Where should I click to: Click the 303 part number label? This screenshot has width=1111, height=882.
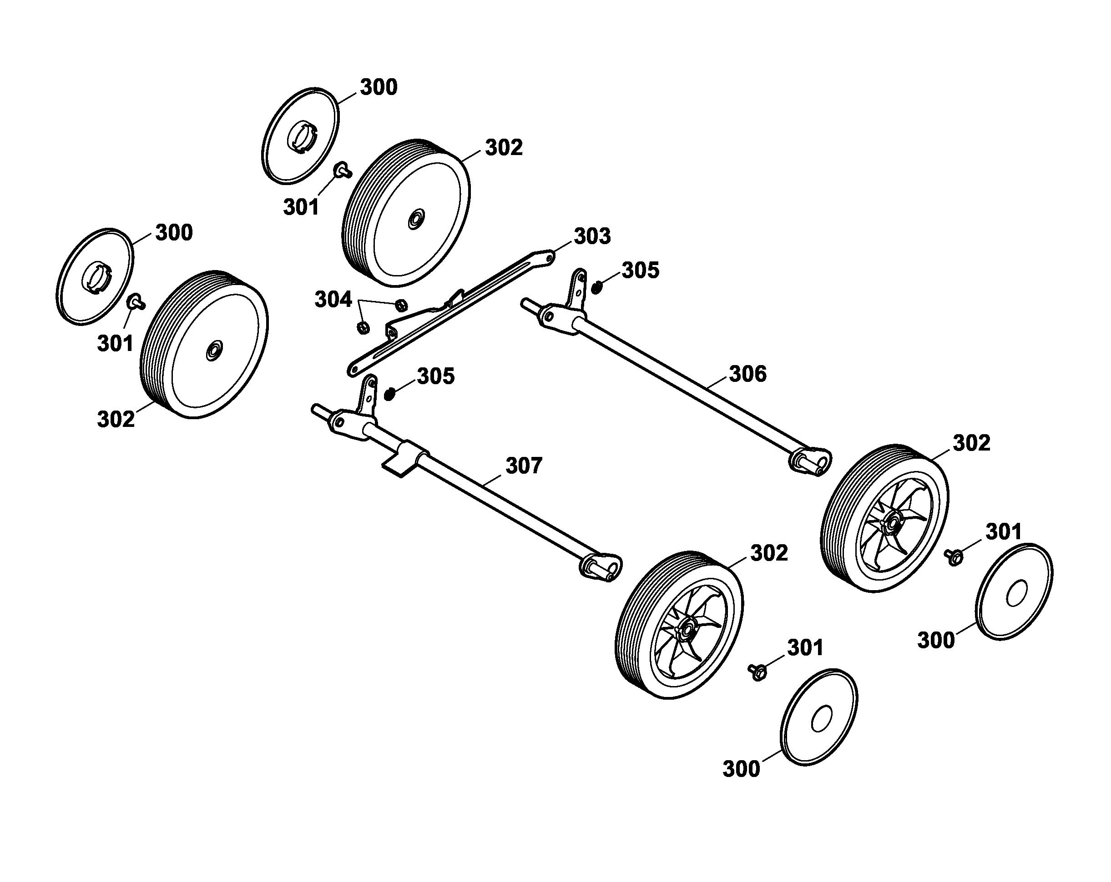(x=592, y=236)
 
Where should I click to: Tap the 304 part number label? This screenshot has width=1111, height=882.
(x=333, y=300)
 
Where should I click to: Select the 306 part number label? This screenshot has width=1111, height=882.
(x=747, y=374)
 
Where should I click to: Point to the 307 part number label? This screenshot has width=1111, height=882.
(x=524, y=466)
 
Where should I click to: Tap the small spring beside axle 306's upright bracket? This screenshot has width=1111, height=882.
(x=596, y=287)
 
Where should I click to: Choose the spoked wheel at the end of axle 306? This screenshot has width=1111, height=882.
(x=883, y=518)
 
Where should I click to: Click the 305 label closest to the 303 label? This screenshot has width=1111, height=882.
(x=641, y=271)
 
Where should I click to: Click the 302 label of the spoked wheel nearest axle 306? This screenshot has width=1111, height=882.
(x=971, y=443)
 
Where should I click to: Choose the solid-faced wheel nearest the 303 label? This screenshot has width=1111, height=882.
(x=406, y=212)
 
